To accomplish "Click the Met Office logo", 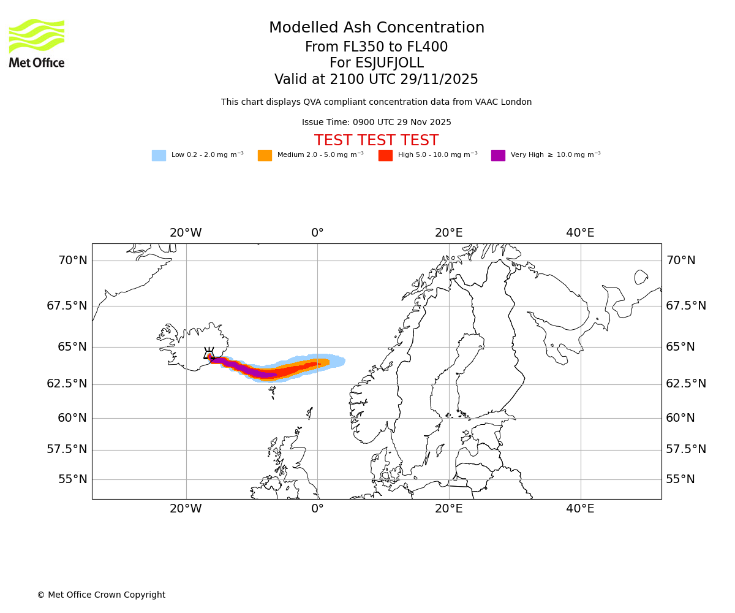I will tap(37, 43).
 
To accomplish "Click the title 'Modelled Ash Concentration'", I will tap(376, 28).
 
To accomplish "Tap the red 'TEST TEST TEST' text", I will tap(376, 141).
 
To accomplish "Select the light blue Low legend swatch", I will tap(159, 156).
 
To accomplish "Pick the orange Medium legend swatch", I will tap(265, 156).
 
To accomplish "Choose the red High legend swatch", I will tap(385, 156).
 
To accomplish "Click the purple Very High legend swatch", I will tap(498, 156).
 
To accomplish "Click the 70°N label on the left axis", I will tap(72, 261).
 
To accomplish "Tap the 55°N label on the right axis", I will tap(680, 479).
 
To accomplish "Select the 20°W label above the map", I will tap(186, 233).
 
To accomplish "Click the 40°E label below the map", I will tap(580, 509).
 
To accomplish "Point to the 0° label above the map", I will tap(317, 233).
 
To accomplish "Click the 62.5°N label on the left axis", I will tap(67, 384).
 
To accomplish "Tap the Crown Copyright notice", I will tap(101, 595).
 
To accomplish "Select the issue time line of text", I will tap(376, 123).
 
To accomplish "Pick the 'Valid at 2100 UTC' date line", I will tap(376, 80).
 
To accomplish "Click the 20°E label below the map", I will tap(448, 509).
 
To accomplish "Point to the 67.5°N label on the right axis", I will tap(686, 306).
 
